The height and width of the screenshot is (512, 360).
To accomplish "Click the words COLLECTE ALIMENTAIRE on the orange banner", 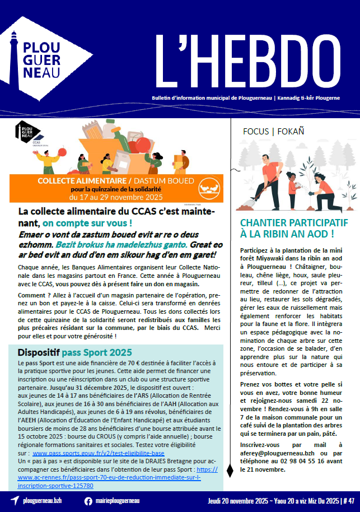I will pyautogui.click(x=81, y=180).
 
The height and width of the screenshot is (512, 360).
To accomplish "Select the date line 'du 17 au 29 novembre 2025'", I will pyautogui.click(x=115, y=197).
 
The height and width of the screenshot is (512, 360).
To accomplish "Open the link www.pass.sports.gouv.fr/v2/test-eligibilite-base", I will pyautogui.click(x=99, y=453).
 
